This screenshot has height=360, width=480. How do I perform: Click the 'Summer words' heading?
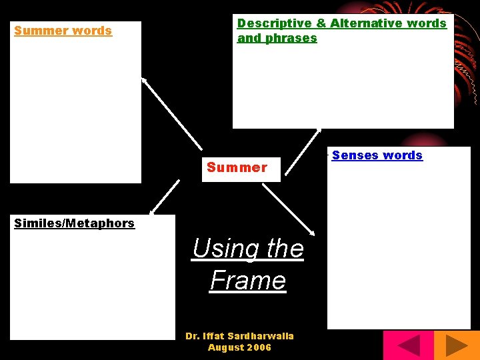coord(63,31)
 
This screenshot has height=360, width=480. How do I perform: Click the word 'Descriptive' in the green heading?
coord(275,23)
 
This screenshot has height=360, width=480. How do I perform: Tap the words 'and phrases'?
coord(277,38)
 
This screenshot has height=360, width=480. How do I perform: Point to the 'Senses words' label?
coord(377,155)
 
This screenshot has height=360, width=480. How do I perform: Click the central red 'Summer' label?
coord(237,167)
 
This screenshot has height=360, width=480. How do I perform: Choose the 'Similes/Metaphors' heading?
coord(74,223)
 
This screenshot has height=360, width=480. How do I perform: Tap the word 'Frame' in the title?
coord(247,280)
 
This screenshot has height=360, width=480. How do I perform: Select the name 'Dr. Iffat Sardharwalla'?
coord(239,336)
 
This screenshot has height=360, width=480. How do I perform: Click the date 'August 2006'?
coord(239,347)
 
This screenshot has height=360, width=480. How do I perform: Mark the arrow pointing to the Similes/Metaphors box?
coord(163,197)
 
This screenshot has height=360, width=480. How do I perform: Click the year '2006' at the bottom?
coord(258,347)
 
